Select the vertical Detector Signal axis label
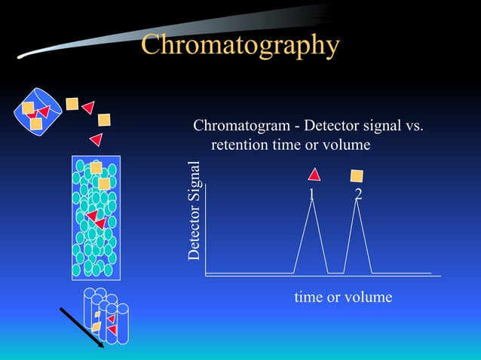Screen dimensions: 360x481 tap(195, 211)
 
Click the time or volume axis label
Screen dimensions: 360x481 tap(343, 297)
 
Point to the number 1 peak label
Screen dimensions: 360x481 tap(311, 195)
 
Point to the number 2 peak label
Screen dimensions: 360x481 tap(358, 195)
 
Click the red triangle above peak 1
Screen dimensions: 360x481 tap(314, 175)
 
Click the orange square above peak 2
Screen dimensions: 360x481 tap(357, 176)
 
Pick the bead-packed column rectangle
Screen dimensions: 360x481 tap(94, 217)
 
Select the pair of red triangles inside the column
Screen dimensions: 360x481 tap(96, 219)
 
